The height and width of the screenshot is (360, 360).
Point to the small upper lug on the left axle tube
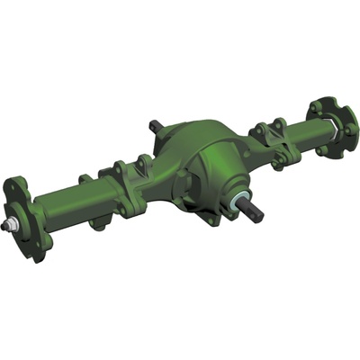[x=85, y=179]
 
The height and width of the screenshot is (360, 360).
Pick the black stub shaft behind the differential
[x=155, y=126]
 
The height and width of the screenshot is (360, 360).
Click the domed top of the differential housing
[x=193, y=135]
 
